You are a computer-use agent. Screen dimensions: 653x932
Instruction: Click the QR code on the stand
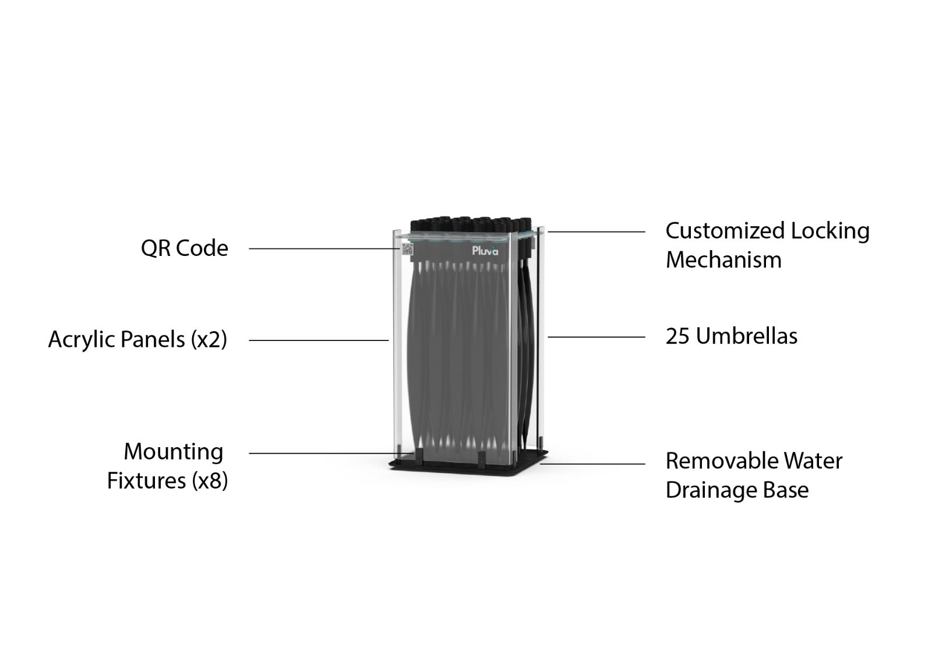pos(407,250)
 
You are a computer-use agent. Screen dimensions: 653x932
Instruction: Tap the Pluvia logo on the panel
pos(485,251)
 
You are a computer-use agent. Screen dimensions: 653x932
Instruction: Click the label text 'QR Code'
pos(185,248)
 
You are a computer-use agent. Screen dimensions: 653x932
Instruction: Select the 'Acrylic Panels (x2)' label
pos(137,339)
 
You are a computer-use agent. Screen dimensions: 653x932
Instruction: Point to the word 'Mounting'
pos(174,452)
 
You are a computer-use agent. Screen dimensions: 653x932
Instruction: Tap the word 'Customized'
pos(725,231)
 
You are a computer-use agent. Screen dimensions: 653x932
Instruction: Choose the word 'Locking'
pos(830,231)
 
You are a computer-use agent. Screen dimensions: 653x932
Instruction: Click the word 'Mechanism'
pos(723,260)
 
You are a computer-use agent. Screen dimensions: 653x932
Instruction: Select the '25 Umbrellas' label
pos(731,336)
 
